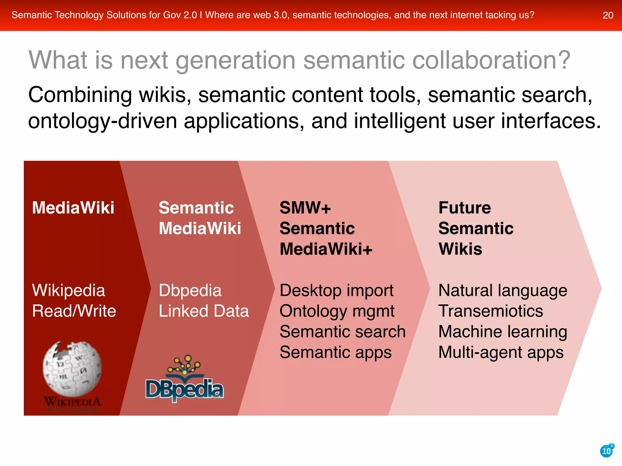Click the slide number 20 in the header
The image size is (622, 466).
click(608, 15)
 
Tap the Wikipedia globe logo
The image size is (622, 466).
click(72, 369)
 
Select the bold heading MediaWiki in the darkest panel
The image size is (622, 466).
click(73, 208)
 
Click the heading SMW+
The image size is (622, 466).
click(305, 208)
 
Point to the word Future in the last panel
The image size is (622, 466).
click(464, 208)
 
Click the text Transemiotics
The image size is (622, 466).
click(490, 311)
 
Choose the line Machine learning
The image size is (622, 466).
click(503, 332)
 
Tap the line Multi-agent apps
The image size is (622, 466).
click(501, 352)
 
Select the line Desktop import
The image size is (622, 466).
click(336, 290)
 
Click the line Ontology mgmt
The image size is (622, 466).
click(337, 311)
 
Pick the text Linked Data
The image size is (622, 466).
click(204, 311)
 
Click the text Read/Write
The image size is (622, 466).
click(74, 311)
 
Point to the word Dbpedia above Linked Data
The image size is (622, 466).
click(190, 290)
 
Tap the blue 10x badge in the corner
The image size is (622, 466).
click(607, 451)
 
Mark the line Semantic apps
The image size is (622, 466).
click(336, 352)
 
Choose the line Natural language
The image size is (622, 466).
click(503, 290)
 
